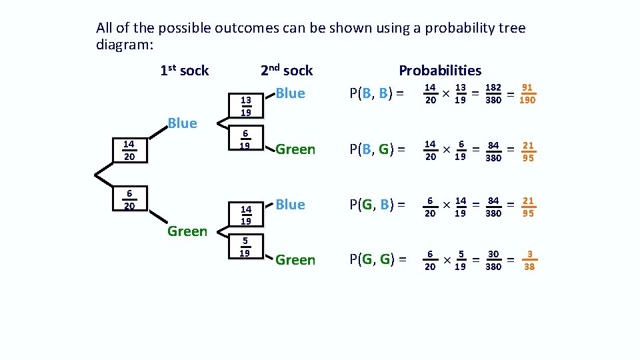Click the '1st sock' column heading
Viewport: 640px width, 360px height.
(185, 71)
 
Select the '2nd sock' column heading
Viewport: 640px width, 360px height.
(286, 71)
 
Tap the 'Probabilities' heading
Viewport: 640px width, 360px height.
(439, 71)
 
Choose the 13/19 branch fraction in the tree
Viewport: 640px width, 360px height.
(245, 106)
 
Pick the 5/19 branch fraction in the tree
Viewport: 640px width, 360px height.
(245, 247)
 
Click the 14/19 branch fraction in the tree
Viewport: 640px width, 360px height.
(245, 215)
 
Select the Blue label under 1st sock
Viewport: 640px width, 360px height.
(182, 123)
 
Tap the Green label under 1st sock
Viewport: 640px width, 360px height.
(187, 231)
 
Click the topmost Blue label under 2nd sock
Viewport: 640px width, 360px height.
(290, 93)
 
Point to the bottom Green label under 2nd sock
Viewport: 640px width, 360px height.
(295, 260)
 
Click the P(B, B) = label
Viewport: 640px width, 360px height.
(377, 93)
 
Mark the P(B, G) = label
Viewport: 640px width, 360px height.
(378, 149)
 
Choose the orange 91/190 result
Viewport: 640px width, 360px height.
(527, 93)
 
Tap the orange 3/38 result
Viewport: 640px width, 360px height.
(529, 260)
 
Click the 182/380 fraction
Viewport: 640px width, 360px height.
(494, 93)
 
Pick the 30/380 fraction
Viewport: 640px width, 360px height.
(493, 260)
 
